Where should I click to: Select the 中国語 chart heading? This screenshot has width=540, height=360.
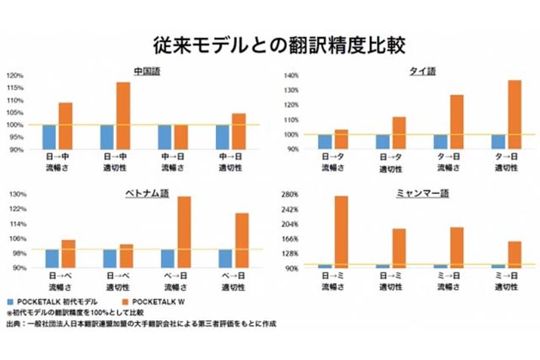[147, 72]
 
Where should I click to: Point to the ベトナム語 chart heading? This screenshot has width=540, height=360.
[147, 193]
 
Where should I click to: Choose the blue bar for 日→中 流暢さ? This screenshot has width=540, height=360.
[49, 137]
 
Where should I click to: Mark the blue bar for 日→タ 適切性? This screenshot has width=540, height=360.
[383, 142]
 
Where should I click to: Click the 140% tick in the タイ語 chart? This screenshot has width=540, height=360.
[292, 75]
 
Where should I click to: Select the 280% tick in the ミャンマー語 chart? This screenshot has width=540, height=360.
[291, 195]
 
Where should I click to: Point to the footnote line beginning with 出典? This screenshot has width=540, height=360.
[140, 324]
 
